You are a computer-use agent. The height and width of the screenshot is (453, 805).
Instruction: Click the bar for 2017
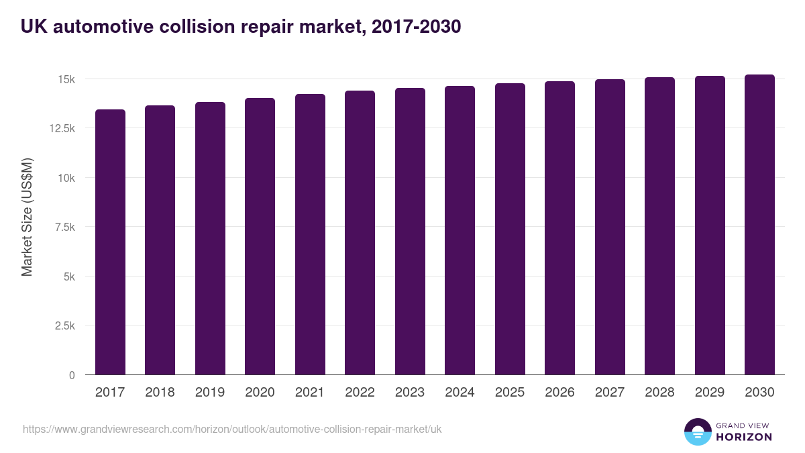pos(110,242)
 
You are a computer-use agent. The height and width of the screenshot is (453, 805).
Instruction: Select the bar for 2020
pos(260,236)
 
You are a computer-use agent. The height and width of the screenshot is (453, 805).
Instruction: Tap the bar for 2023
pos(410,232)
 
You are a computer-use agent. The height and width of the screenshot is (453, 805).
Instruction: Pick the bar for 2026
pos(559,228)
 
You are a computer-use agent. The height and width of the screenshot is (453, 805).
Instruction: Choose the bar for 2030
pos(759,225)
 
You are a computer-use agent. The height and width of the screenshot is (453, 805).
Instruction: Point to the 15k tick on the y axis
pos(66,80)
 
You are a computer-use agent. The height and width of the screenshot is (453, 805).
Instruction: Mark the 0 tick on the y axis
pos(72,375)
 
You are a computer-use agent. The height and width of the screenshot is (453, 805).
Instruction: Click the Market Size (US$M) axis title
pos(27,217)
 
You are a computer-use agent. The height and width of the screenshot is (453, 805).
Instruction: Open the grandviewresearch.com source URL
pos(232,429)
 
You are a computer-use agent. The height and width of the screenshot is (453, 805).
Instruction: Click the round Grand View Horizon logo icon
pos(697,432)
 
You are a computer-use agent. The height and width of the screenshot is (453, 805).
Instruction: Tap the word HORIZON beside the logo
pos(744,437)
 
